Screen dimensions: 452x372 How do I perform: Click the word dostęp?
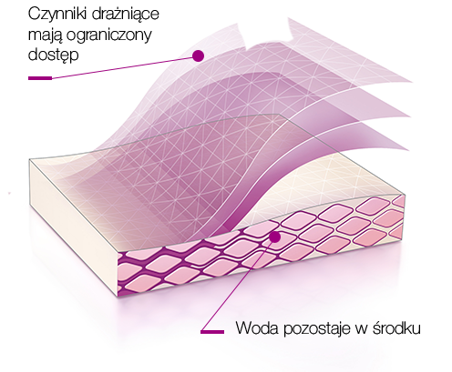pyautogui.click(x=53, y=55)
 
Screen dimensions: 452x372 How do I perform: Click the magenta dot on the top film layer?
pyautogui.click(x=198, y=56)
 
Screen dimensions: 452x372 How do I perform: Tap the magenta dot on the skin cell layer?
pyautogui.click(x=275, y=237)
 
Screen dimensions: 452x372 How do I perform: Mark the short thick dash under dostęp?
pyautogui.click(x=40, y=78)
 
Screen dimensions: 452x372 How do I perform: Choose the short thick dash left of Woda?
pyautogui.click(x=212, y=332)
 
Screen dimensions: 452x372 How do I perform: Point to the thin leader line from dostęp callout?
pyautogui.click(x=122, y=68)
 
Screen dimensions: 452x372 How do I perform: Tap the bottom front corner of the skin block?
pyautogui.click(x=118, y=297)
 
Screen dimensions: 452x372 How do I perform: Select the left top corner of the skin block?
pyautogui.click(x=29, y=159)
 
